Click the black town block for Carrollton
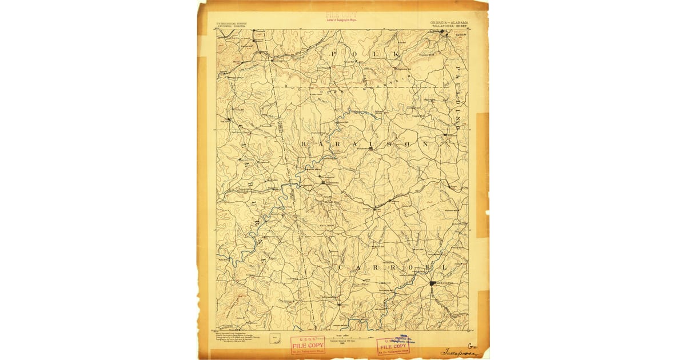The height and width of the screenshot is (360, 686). (432, 282)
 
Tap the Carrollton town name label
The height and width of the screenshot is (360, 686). (444, 283)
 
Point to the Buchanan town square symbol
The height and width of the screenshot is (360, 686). (370, 149)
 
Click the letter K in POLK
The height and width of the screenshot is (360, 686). (396, 53)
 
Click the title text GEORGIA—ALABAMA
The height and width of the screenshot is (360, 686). (448, 23)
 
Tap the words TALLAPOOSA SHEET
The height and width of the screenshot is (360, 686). (449, 26)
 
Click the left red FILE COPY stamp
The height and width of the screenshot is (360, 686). (308, 345)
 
